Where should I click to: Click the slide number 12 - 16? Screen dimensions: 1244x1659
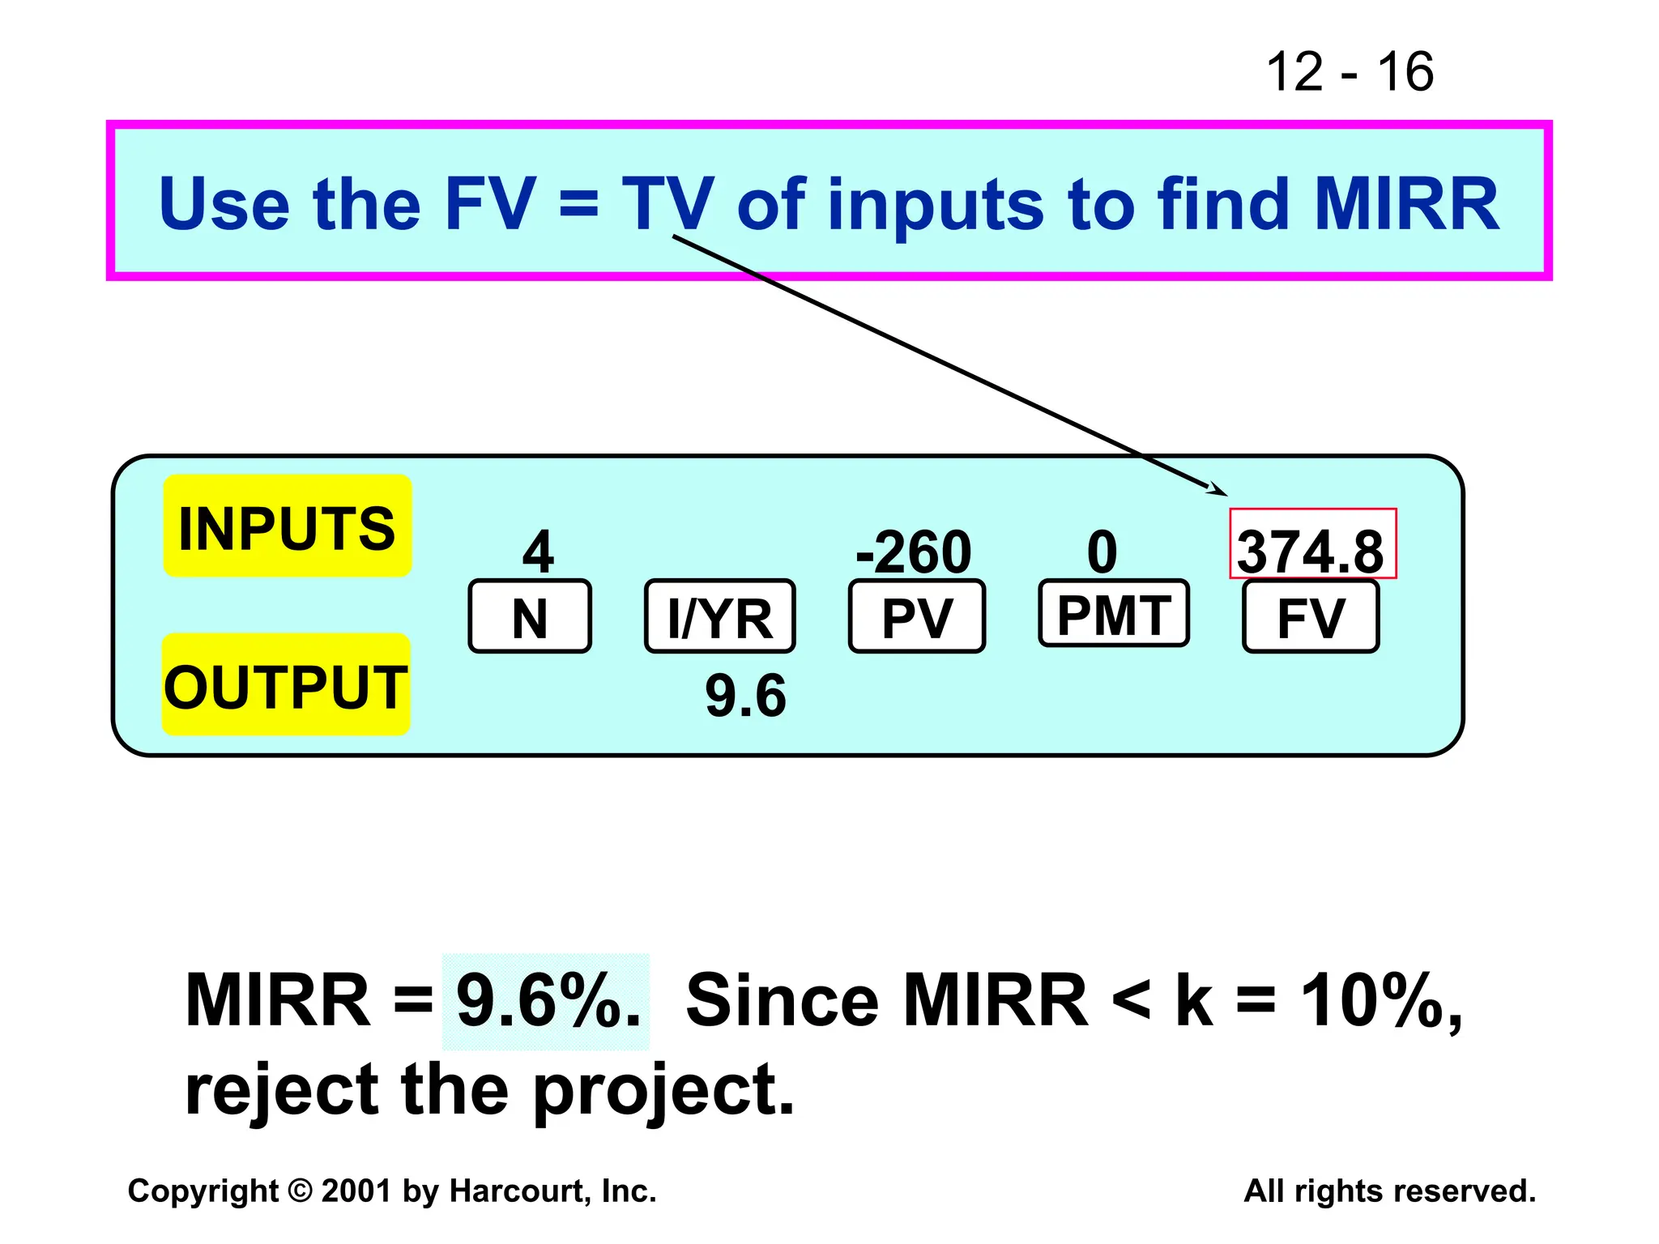click(1350, 72)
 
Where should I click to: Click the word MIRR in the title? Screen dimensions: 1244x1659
click(1406, 204)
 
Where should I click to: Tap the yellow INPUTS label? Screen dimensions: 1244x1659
click(288, 526)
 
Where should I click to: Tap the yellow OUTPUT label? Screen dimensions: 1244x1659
click(286, 685)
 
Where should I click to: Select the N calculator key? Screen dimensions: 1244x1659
click(530, 617)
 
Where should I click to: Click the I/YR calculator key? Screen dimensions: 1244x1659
click(719, 617)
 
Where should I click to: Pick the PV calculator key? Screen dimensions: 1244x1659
click(916, 617)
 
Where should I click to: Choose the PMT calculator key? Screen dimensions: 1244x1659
click(1113, 614)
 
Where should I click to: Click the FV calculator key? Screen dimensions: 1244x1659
click(1310, 617)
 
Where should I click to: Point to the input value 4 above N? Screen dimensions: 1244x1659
click(538, 552)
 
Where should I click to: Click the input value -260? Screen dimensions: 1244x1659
click(914, 552)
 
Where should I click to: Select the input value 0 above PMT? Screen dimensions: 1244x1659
click(1102, 552)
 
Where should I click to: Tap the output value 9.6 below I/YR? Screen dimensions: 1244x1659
click(745, 696)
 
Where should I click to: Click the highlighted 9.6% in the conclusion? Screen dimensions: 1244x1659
click(546, 1001)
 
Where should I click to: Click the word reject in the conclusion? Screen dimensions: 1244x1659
click(282, 1090)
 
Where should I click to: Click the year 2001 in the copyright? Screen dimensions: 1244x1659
click(356, 1191)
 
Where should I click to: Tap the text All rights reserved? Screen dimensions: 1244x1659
click(1389, 1191)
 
